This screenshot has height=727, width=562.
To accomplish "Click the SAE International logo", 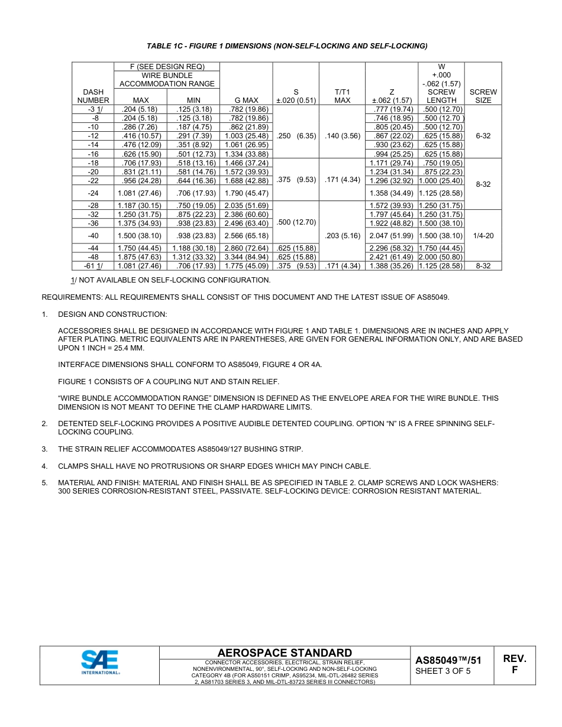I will click(100, 662).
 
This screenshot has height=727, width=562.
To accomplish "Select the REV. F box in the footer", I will click(514, 664).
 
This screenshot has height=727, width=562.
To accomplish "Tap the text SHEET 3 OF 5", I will click(443, 671).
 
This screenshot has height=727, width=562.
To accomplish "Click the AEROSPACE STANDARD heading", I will click(285, 653).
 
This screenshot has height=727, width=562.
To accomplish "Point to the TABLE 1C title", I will click(287, 46).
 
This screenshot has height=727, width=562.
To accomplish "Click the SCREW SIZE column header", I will click(483, 96).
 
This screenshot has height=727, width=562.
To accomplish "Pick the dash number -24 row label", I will click(93, 193).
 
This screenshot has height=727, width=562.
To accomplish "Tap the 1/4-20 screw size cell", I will click(483, 235).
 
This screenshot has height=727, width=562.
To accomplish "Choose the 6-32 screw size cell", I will click(483, 136).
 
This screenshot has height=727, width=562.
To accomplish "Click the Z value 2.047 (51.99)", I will click(391, 235).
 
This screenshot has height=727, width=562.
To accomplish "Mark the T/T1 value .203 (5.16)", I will click(343, 235).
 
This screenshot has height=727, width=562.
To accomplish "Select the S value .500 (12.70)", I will click(296, 222).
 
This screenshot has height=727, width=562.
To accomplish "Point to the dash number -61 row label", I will click(93, 266).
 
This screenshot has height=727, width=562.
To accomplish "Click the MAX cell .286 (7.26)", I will click(140, 127).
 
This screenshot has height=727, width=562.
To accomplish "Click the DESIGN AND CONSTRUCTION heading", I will click(112, 314).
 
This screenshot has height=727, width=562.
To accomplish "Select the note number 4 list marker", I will click(44, 466).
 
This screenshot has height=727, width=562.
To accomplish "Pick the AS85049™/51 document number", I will click(448, 660).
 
